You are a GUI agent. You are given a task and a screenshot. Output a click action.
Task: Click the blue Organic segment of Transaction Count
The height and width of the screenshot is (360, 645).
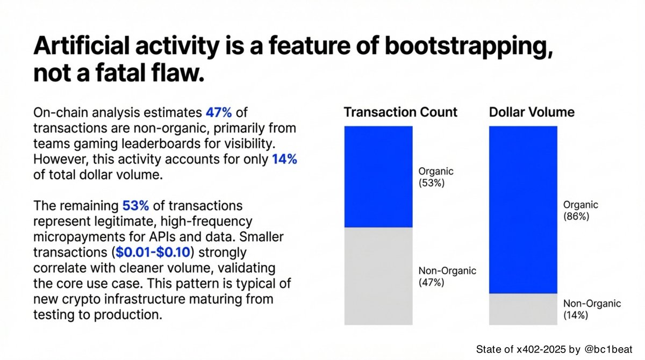pos(378,176)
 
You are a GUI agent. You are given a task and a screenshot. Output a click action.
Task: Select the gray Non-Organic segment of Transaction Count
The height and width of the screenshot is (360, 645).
pos(378,276)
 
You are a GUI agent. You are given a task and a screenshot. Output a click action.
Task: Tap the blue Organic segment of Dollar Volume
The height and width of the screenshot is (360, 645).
pos(523,210)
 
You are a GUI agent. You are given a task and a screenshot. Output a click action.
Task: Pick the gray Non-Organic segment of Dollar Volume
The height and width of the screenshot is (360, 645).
pos(523,308)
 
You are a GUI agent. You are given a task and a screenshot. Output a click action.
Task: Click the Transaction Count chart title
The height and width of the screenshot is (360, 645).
pos(400,112)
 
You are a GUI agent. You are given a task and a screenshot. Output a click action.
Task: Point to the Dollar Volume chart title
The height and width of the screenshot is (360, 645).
pos(532,112)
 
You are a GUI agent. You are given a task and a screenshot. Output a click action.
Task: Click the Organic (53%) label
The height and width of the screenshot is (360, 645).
pos(436,177)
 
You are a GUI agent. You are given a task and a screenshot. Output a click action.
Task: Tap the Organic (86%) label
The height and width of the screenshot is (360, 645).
pos(581,211)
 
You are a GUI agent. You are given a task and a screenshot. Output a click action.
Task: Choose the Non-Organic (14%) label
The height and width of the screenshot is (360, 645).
pos(592,309)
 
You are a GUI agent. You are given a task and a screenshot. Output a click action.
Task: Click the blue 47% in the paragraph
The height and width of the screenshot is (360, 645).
pos(219,113)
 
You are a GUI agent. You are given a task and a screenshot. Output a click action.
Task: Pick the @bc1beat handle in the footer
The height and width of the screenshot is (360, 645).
pos(613,350)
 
